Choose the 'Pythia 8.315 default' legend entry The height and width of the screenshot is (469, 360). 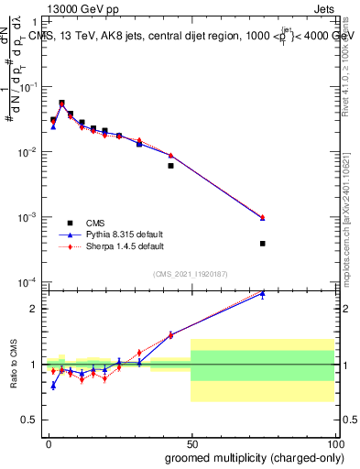[x=117, y=234]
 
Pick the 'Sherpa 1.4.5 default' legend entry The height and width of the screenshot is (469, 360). [x=118, y=246]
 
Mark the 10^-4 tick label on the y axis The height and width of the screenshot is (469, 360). [x=29, y=282]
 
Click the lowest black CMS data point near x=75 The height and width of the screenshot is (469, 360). [x=262, y=244]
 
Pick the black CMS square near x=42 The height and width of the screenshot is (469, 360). [x=170, y=166]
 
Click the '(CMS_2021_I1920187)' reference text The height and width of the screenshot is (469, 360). [x=191, y=273]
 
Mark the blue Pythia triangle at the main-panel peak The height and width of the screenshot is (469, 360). [x=61, y=104]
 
